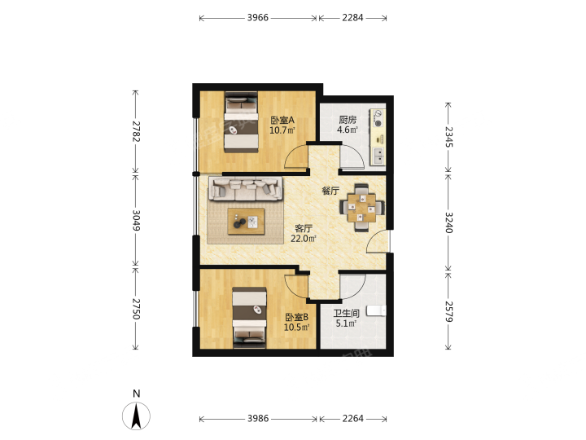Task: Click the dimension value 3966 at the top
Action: click(x=257, y=18)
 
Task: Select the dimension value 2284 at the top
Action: click(x=352, y=18)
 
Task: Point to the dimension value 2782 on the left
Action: click(x=135, y=131)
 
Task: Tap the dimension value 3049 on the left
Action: click(x=135, y=220)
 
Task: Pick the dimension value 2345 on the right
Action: click(x=448, y=137)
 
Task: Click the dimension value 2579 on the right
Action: click(x=448, y=311)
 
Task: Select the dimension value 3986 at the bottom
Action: click(x=258, y=418)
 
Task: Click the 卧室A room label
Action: click(x=282, y=120)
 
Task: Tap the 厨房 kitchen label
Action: click(x=348, y=120)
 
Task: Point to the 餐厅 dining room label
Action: click(x=330, y=191)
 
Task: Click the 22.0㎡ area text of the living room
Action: click(x=304, y=238)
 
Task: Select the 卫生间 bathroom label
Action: click(x=347, y=313)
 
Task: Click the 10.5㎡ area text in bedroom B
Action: click(x=297, y=328)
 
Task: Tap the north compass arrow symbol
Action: click(x=137, y=416)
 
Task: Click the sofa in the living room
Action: click(x=246, y=188)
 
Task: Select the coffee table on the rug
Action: click(x=247, y=222)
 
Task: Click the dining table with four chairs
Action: click(x=361, y=207)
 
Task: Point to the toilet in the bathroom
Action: click(x=376, y=311)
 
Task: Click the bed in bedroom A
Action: click(x=242, y=122)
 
